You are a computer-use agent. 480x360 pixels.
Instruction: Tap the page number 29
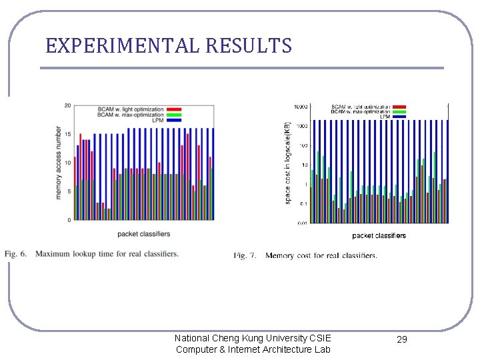[401, 339]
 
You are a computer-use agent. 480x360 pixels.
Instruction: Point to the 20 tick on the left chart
[68, 105]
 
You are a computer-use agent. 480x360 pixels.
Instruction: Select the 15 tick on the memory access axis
[68, 134]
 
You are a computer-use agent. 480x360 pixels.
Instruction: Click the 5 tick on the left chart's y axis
[69, 191]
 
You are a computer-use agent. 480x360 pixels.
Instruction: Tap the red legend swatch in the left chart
[175, 108]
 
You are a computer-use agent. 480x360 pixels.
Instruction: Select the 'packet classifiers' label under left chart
[143, 234]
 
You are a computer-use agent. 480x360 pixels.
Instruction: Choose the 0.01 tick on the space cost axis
[301, 223]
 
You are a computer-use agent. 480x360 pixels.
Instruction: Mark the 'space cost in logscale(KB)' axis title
[287, 163]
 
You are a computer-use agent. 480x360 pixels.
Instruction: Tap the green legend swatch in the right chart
[400, 111]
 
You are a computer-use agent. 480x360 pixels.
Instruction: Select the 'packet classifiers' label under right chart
[379, 235]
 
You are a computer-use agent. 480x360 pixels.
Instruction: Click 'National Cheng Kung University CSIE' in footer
[253, 338]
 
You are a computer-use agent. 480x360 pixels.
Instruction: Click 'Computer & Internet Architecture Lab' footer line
[253, 349]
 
